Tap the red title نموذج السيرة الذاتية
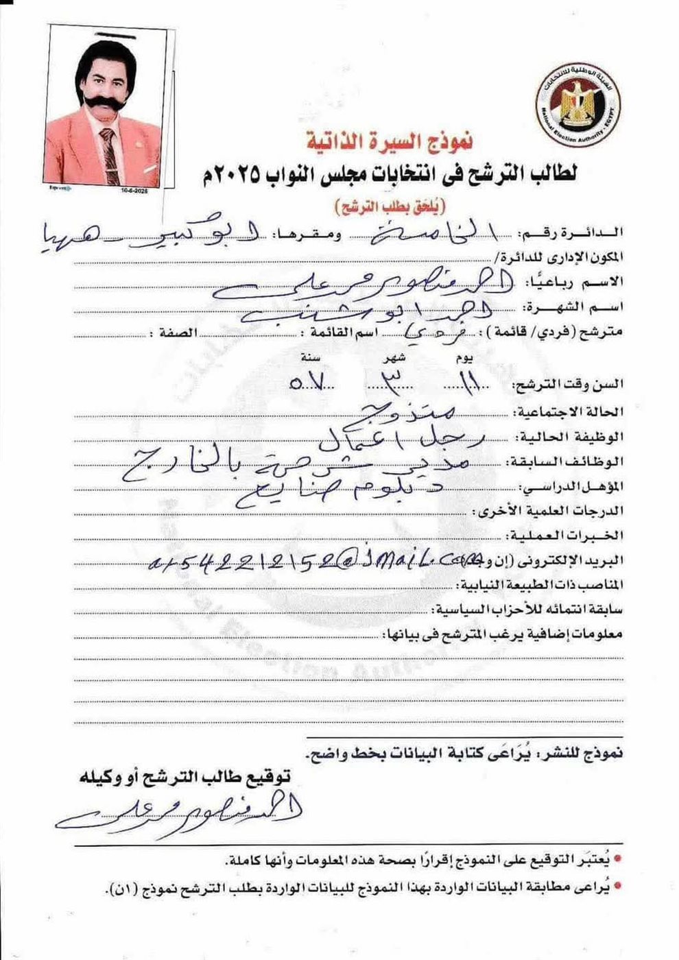point(390,141)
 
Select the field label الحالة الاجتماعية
point(569,411)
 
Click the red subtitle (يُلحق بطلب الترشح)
point(390,204)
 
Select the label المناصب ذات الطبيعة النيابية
point(541,584)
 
